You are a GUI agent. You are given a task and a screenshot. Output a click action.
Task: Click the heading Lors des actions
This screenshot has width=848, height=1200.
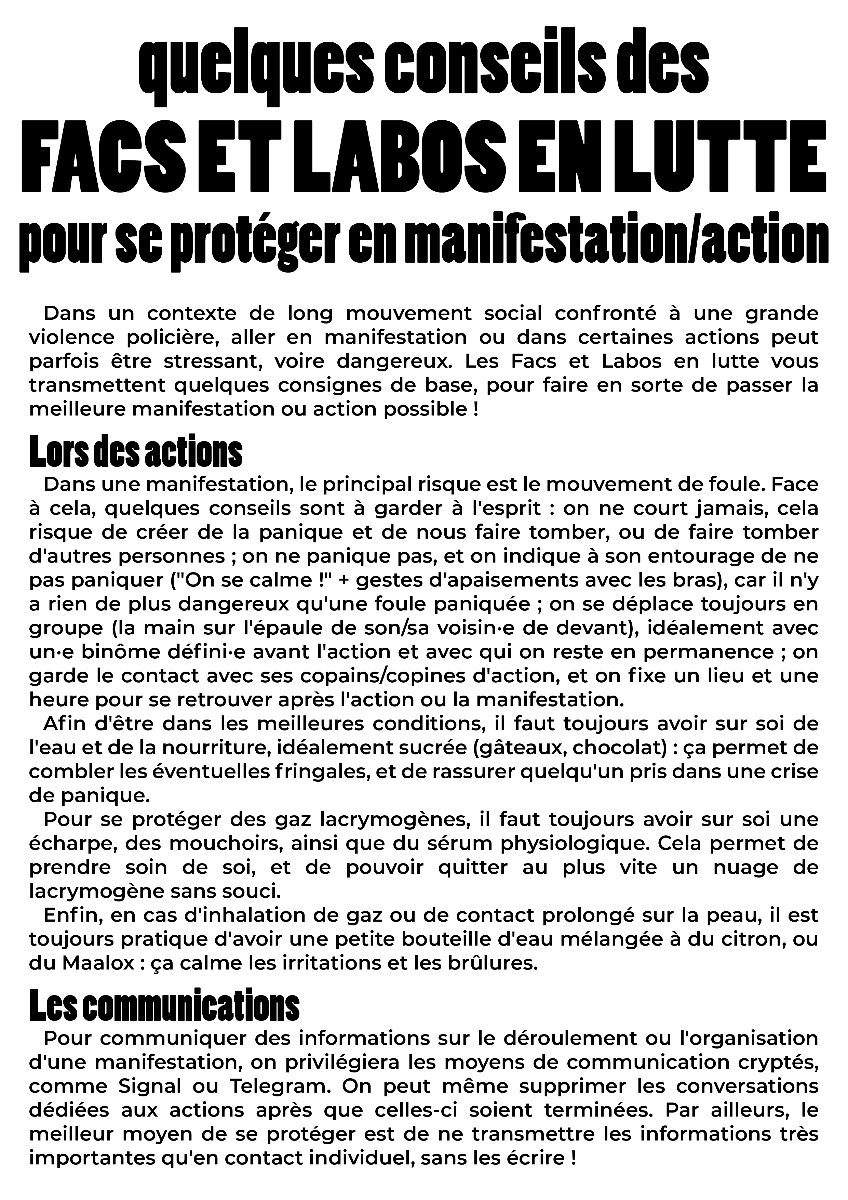(x=136, y=451)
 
